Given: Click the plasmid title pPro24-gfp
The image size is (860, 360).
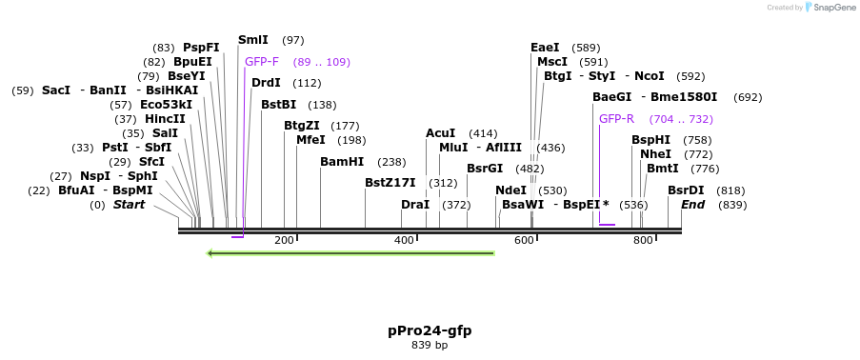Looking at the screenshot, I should pyautogui.click(x=429, y=330).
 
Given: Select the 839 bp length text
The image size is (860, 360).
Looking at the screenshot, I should pyautogui.click(x=429, y=345).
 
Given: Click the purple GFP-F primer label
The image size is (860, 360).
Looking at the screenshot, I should pyautogui.click(x=262, y=61).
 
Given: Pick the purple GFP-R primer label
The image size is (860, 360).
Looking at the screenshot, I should pyautogui.click(x=616, y=119).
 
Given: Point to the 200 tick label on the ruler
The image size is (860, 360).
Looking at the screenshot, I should pyautogui.click(x=284, y=240).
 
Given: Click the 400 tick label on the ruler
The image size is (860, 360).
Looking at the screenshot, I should pyautogui.click(x=404, y=240).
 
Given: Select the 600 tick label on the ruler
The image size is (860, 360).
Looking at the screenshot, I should pyautogui.click(x=524, y=240).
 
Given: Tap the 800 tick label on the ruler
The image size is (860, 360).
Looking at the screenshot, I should pyautogui.click(x=643, y=240).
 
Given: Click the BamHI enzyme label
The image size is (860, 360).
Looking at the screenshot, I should pyautogui.click(x=342, y=162).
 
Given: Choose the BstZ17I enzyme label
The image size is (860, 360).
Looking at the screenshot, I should pyautogui.click(x=390, y=183).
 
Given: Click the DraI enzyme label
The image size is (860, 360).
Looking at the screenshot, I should pyautogui.click(x=415, y=205).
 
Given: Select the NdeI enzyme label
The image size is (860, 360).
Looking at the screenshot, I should pyautogui.click(x=510, y=190).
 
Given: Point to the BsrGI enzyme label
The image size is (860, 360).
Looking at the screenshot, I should pyautogui.click(x=485, y=169).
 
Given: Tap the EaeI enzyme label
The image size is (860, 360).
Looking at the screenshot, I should pyautogui.click(x=545, y=47).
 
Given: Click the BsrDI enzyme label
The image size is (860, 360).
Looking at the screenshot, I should pyautogui.click(x=686, y=190).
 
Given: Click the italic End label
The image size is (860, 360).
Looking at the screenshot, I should pyautogui.click(x=692, y=205).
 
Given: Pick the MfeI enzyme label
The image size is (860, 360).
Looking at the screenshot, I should pyautogui.click(x=310, y=140).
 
